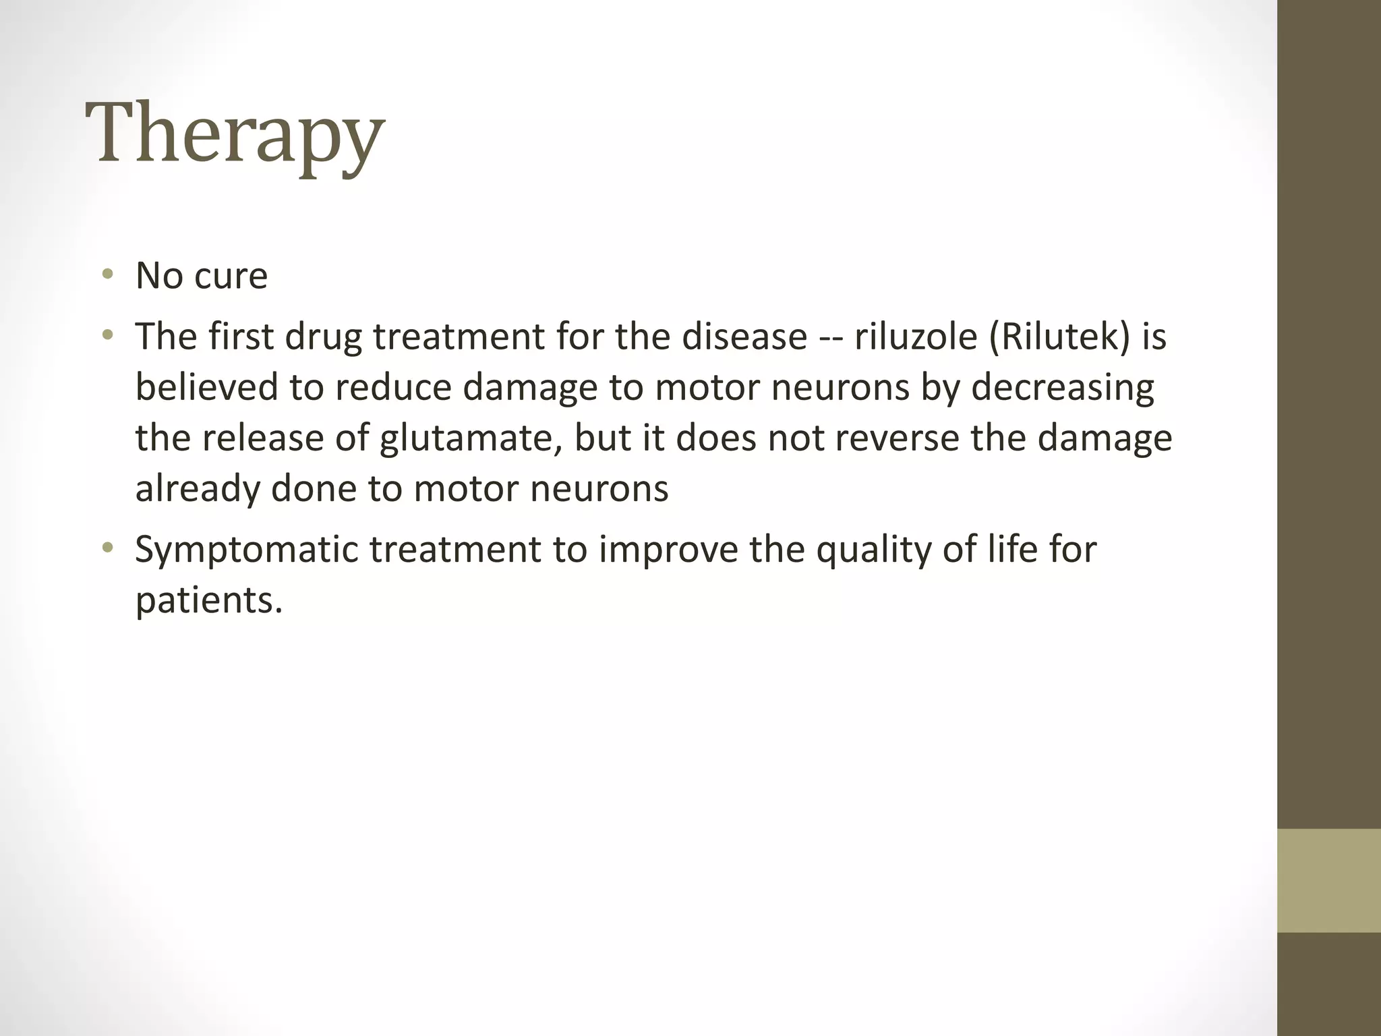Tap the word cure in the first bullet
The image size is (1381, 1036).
(231, 276)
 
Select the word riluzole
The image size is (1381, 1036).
(915, 337)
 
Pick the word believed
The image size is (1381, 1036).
(206, 388)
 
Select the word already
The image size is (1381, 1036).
(197, 490)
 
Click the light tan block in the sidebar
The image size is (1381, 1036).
(1329, 880)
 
